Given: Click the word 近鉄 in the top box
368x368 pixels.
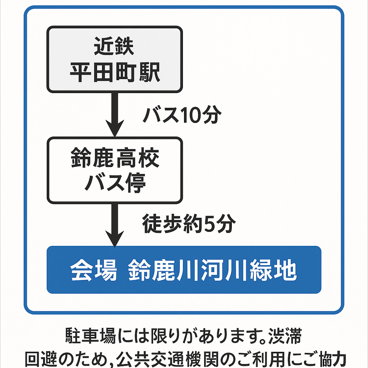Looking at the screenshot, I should click(x=114, y=47).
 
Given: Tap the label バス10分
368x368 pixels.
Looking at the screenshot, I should click(x=183, y=115).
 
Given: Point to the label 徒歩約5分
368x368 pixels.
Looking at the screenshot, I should click(x=188, y=224).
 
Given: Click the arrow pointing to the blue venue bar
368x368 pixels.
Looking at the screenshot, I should click(x=115, y=224).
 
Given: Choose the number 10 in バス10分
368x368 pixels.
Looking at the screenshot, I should click(x=191, y=115).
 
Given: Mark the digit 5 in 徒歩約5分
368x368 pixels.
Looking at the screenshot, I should click(x=209, y=224).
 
